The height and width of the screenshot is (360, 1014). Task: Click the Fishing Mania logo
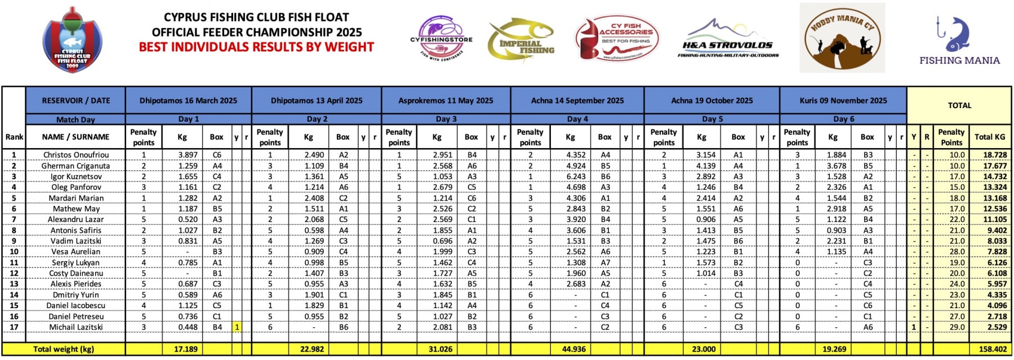click(x=959, y=39)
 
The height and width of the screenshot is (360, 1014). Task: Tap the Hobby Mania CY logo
click(x=842, y=38)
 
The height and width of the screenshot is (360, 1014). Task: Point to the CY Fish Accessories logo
click(x=616, y=38)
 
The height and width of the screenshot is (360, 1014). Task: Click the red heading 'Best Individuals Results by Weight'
click(x=256, y=47)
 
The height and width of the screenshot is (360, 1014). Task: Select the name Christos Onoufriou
click(x=76, y=155)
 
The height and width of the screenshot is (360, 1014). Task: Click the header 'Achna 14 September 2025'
click(x=577, y=101)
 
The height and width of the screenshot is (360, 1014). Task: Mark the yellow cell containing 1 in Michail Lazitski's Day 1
click(x=237, y=327)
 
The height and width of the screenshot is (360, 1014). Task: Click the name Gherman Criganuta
click(x=75, y=166)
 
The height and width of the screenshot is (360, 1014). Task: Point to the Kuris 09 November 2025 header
click(x=843, y=101)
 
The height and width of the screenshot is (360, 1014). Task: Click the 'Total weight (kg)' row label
click(x=64, y=349)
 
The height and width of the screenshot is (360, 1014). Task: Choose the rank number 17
click(x=14, y=327)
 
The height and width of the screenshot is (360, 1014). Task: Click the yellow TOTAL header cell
click(x=959, y=105)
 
